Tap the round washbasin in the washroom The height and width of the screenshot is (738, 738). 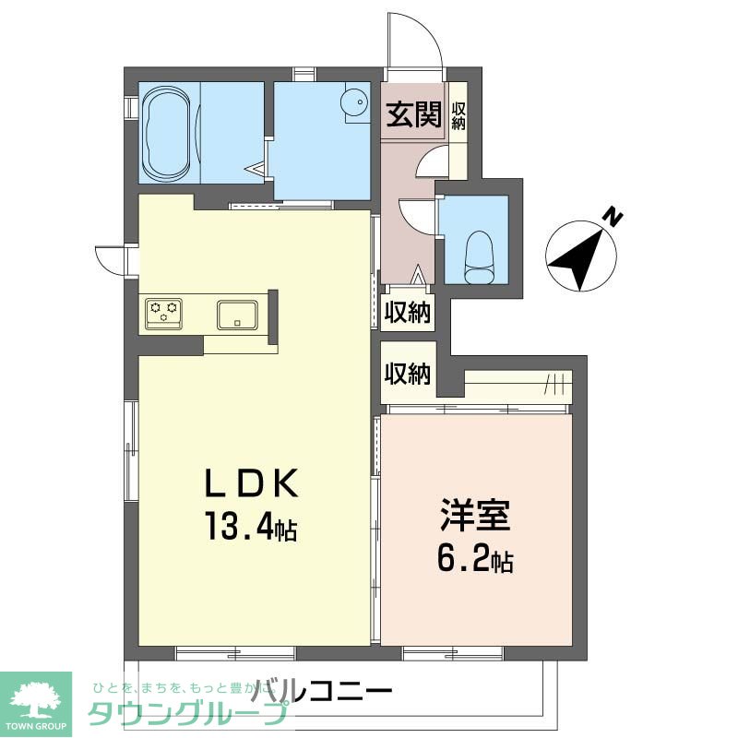click(355, 103)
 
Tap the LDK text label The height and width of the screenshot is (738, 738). click(250, 483)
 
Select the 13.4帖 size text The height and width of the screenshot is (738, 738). click(250, 529)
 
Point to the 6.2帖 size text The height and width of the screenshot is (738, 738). click(475, 559)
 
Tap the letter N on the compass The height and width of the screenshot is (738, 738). click(612, 218)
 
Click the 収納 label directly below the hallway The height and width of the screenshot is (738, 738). click(408, 314)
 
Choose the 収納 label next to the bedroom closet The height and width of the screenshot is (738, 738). click(408, 375)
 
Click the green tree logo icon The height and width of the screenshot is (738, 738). click(36, 696)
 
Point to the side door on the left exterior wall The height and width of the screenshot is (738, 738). click(113, 259)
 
